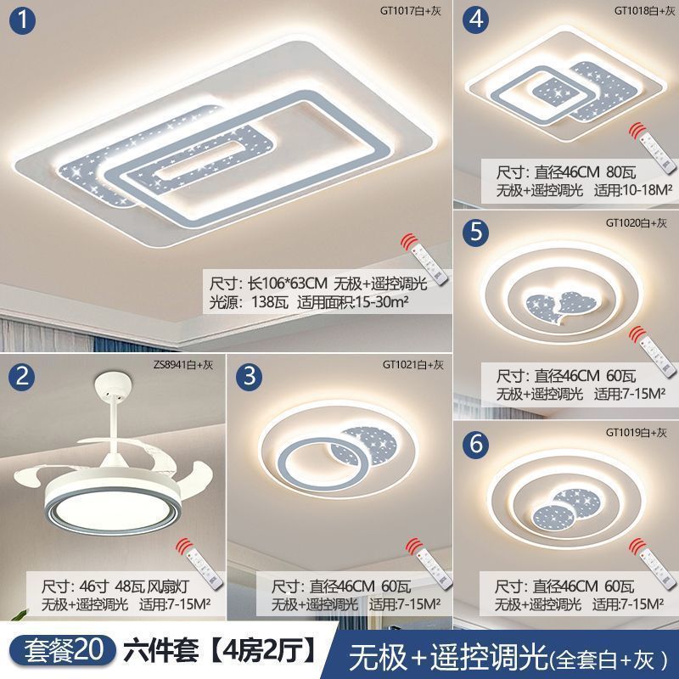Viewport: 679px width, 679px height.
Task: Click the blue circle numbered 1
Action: pos(22,20)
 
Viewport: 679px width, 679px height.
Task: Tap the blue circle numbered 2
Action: pos(22,376)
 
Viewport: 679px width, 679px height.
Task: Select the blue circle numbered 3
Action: pos(250,376)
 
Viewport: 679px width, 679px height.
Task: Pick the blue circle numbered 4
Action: pos(476,20)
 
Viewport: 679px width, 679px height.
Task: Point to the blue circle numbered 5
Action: pos(476,232)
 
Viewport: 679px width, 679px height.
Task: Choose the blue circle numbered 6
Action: pos(476,444)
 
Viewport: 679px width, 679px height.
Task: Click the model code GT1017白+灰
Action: pos(411,11)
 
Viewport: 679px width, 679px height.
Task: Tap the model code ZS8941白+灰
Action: pos(183,365)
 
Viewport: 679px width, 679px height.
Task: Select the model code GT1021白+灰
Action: pos(413,365)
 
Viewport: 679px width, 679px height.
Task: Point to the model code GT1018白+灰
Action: pos(645,11)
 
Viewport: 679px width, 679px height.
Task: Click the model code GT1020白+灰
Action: pos(636,223)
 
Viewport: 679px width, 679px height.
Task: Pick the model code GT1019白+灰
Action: pos(636,432)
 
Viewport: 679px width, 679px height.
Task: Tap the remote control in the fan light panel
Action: pos(201,564)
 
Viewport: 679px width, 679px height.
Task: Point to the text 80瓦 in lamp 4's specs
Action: pos(621,172)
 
